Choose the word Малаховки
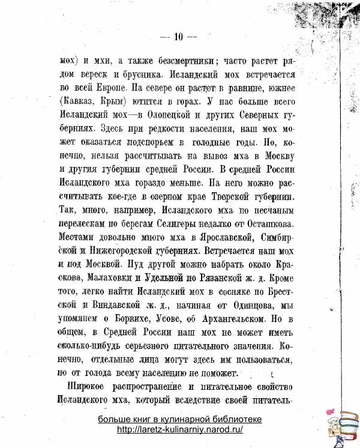(108, 278)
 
